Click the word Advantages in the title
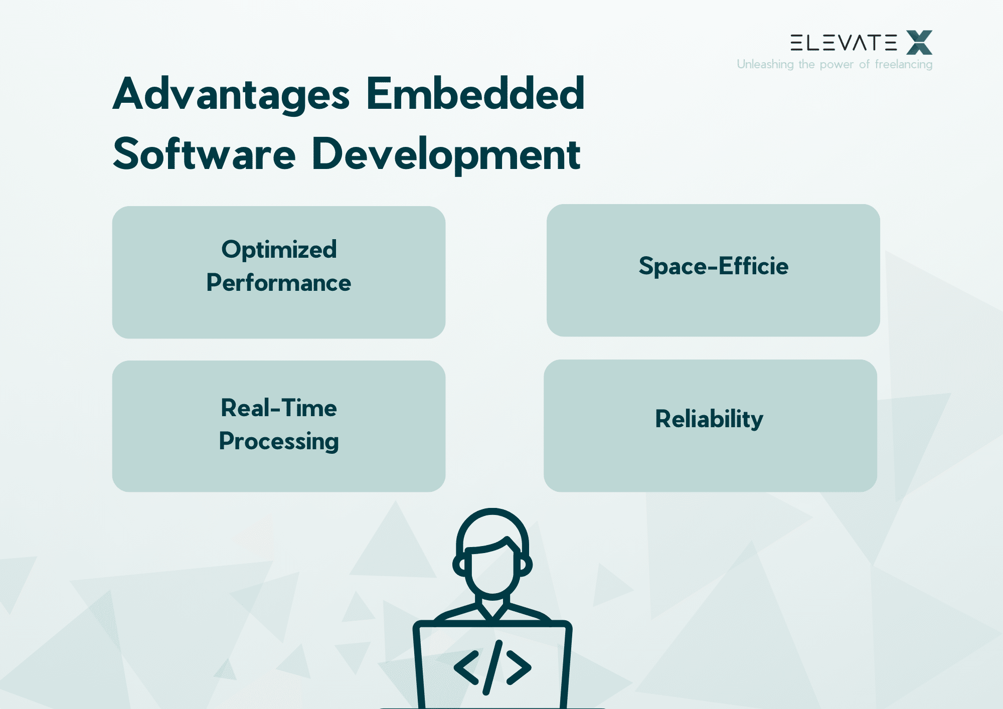click(x=231, y=95)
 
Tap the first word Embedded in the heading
click(x=475, y=94)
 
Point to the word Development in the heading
click(x=446, y=154)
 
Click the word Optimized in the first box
click(x=279, y=250)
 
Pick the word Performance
click(x=279, y=283)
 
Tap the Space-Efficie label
click(x=713, y=266)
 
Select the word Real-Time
click(x=279, y=408)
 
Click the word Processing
click(x=279, y=442)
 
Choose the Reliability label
click(x=709, y=419)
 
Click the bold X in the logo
click(x=919, y=43)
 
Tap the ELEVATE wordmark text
click(x=844, y=43)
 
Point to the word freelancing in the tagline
click(x=903, y=64)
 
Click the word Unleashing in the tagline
click(x=765, y=64)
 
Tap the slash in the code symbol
click(x=492, y=667)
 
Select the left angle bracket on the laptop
click(x=466, y=667)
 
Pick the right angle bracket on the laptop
click(x=519, y=667)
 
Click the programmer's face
click(x=492, y=572)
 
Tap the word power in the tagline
click(x=836, y=65)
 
